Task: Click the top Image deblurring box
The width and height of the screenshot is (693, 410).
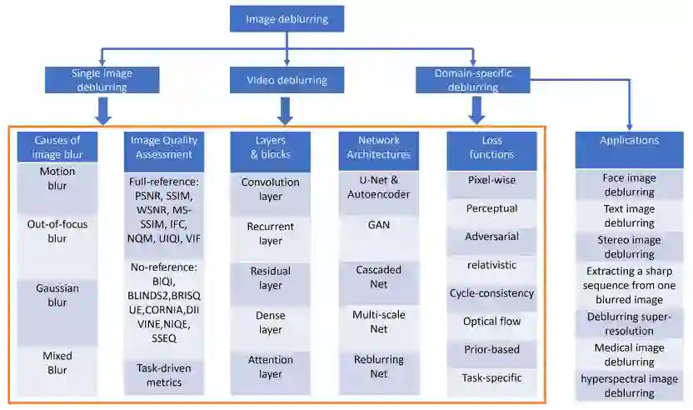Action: pos(287,18)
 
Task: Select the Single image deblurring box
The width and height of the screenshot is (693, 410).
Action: pos(102,80)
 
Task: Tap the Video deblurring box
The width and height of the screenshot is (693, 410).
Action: pos(287,80)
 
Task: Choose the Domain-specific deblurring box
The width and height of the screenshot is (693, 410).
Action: pos(473,80)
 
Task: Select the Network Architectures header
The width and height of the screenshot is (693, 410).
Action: pos(379,147)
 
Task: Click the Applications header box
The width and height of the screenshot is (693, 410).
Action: pos(629,141)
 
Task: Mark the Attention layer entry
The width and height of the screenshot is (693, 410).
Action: pos(271,367)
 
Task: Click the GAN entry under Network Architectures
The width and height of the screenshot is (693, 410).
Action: pos(379,224)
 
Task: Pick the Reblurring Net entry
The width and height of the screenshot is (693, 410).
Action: pos(379,367)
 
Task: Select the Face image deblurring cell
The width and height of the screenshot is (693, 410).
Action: pos(629,184)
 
